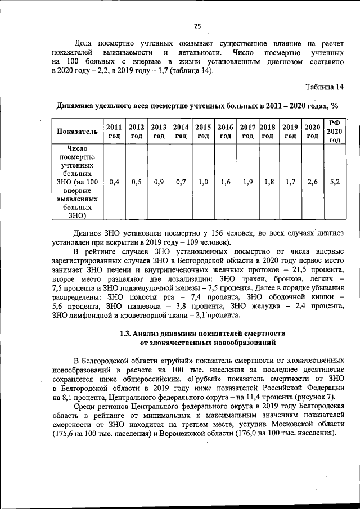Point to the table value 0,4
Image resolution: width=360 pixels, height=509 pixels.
114,182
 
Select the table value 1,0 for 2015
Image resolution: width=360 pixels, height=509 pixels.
203,182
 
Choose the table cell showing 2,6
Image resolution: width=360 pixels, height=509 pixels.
313,182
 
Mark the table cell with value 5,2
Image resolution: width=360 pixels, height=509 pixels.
335,182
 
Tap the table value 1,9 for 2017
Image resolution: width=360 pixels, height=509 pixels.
247,182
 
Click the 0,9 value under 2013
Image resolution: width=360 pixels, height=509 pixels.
159,182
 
